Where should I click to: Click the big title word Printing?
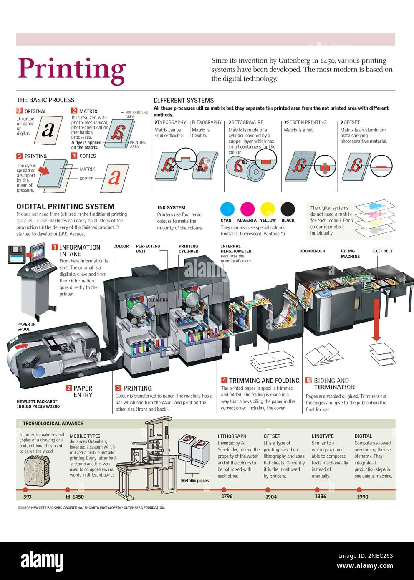tap(72, 69)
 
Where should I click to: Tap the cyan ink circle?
tap(227, 209)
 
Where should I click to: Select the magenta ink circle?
tap(247, 209)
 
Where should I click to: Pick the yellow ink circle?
tap(268, 209)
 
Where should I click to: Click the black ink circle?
tap(288, 209)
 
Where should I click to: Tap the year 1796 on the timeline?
tap(227, 496)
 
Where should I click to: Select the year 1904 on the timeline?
tap(271, 497)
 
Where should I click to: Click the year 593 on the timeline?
tap(27, 497)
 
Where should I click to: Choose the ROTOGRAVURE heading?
tap(247, 122)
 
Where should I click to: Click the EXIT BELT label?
tap(382, 251)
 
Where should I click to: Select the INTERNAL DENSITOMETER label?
tap(236, 249)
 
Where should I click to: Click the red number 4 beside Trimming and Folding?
tap(224, 381)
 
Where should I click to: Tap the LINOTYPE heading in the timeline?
tap(323, 436)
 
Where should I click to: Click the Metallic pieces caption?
tap(194, 481)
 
